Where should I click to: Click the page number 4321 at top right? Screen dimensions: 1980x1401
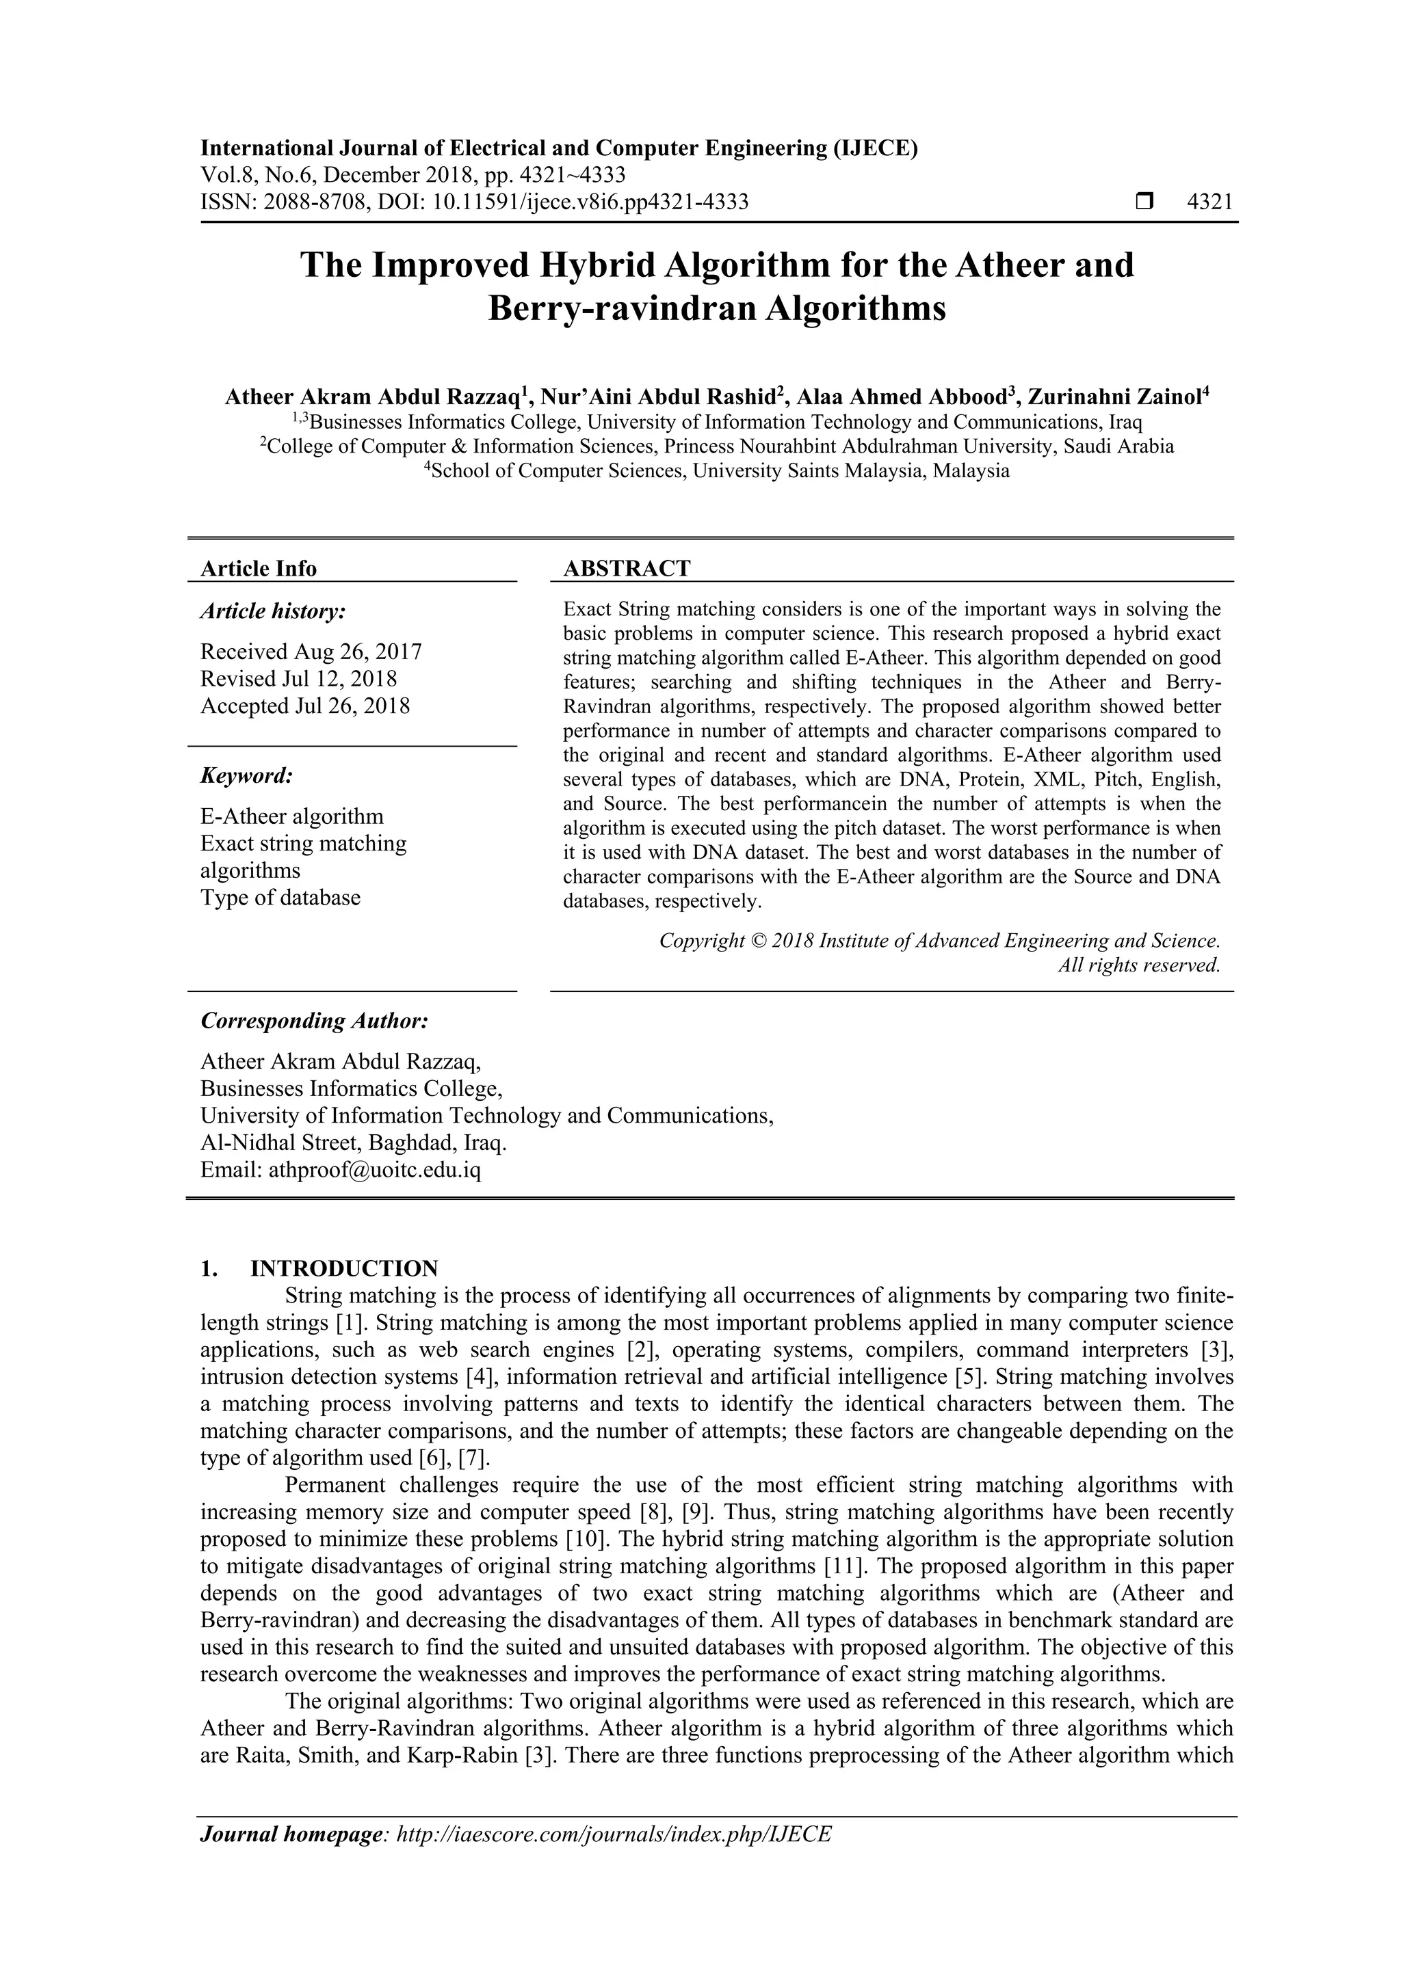click(1209, 202)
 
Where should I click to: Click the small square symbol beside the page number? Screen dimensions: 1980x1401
click(1144, 202)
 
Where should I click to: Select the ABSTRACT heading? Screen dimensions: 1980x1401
click(627, 568)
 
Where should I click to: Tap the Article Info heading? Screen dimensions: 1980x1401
click(258, 568)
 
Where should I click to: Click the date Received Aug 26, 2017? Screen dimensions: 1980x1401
click(311, 651)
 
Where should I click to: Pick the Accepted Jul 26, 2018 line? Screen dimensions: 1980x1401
click(304, 706)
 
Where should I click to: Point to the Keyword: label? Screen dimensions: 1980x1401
click(247, 775)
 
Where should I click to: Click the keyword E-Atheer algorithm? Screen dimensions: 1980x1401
click(291, 816)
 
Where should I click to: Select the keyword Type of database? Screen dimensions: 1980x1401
click(280, 898)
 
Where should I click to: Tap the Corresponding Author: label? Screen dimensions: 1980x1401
click(314, 1021)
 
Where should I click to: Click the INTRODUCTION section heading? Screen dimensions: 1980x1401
click(343, 1268)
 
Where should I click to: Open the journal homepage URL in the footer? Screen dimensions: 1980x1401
click(612, 1858)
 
